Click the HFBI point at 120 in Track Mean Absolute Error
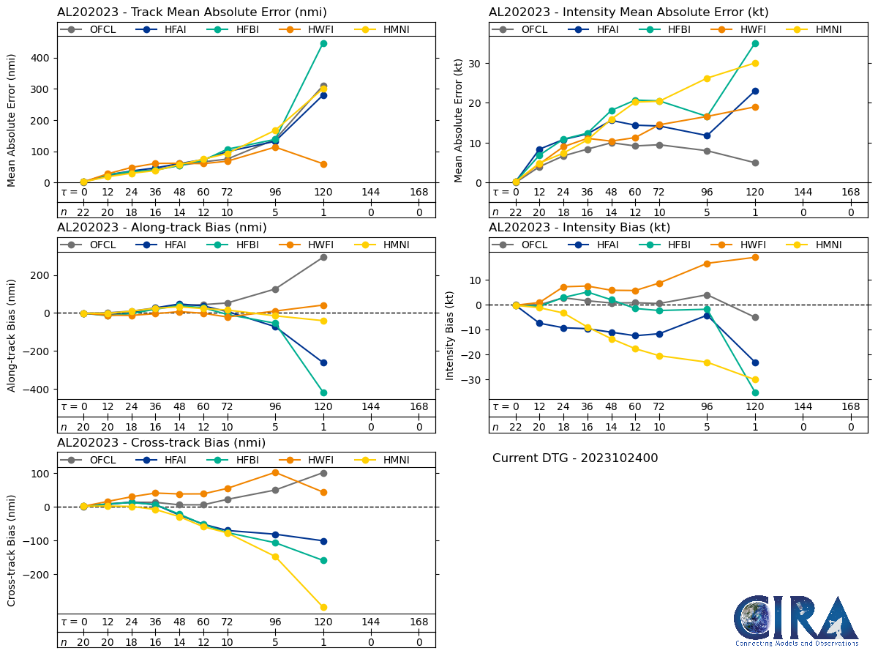click(x=323, y=43)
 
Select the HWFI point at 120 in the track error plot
click(x=323, y=164)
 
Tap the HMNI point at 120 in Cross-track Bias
click(x=323, y=607)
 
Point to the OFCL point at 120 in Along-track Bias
click(x=323, y=257)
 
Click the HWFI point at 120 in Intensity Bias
click(x=755, y=257)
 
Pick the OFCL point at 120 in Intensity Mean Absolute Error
click(x=755, y=163)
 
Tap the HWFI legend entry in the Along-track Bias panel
click(x=307, y=245)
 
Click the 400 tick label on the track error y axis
click(x=42, y=58)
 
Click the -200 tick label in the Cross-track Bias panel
click(x=37, y=575)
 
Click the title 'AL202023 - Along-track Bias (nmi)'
click(x=162, y=228)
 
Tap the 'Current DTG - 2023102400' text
click(x=575, y=458)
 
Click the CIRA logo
click(x=796, y=621)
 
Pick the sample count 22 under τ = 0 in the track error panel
click(x=83, y=212)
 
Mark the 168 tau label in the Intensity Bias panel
click(x=851, y=407)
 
